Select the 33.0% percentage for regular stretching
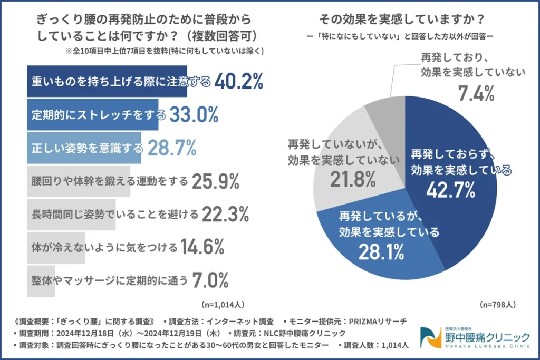194,114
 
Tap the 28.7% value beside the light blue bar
172,148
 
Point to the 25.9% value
216,181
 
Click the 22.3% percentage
225,214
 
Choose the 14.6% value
203,246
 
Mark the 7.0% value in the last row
210,279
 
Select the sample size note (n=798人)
498,305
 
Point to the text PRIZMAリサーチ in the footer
379,320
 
